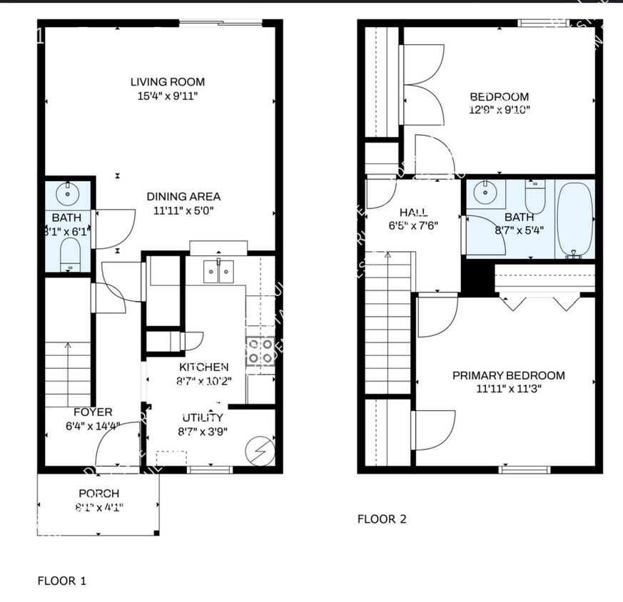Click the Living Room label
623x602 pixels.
tap(168, 82)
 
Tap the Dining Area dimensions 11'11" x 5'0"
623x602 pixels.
tap(183, 210)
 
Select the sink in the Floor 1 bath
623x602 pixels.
tap(69, 192)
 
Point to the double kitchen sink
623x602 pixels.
tap(218, 271)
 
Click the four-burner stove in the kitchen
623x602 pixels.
tap(260, 351)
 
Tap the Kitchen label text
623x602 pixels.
tap(203, 367)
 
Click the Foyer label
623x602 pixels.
tap(93, 412)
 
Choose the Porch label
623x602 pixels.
tap(98, 494)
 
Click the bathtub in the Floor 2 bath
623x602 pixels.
tap(575, 220)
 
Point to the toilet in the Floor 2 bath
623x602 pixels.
tap(535, 195)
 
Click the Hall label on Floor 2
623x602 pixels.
tap(414, 212)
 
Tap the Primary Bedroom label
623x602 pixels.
tap(508, 375)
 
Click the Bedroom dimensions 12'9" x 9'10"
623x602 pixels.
tap(499, 110)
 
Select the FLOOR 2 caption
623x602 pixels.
tap(382, 519)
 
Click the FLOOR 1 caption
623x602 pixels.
tap(61, 581)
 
